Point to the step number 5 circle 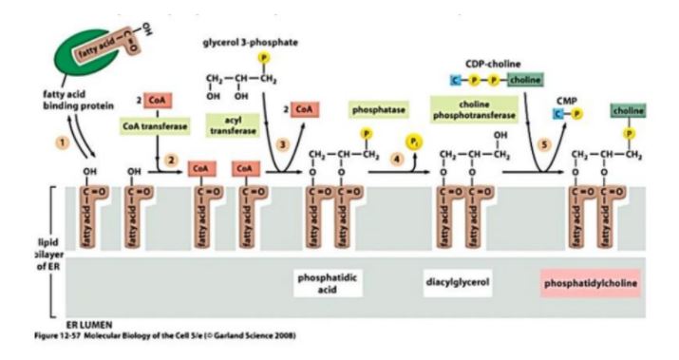(518, 143)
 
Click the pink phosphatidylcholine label (589, 283)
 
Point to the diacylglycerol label (457, 281)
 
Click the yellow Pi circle (414, 141)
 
